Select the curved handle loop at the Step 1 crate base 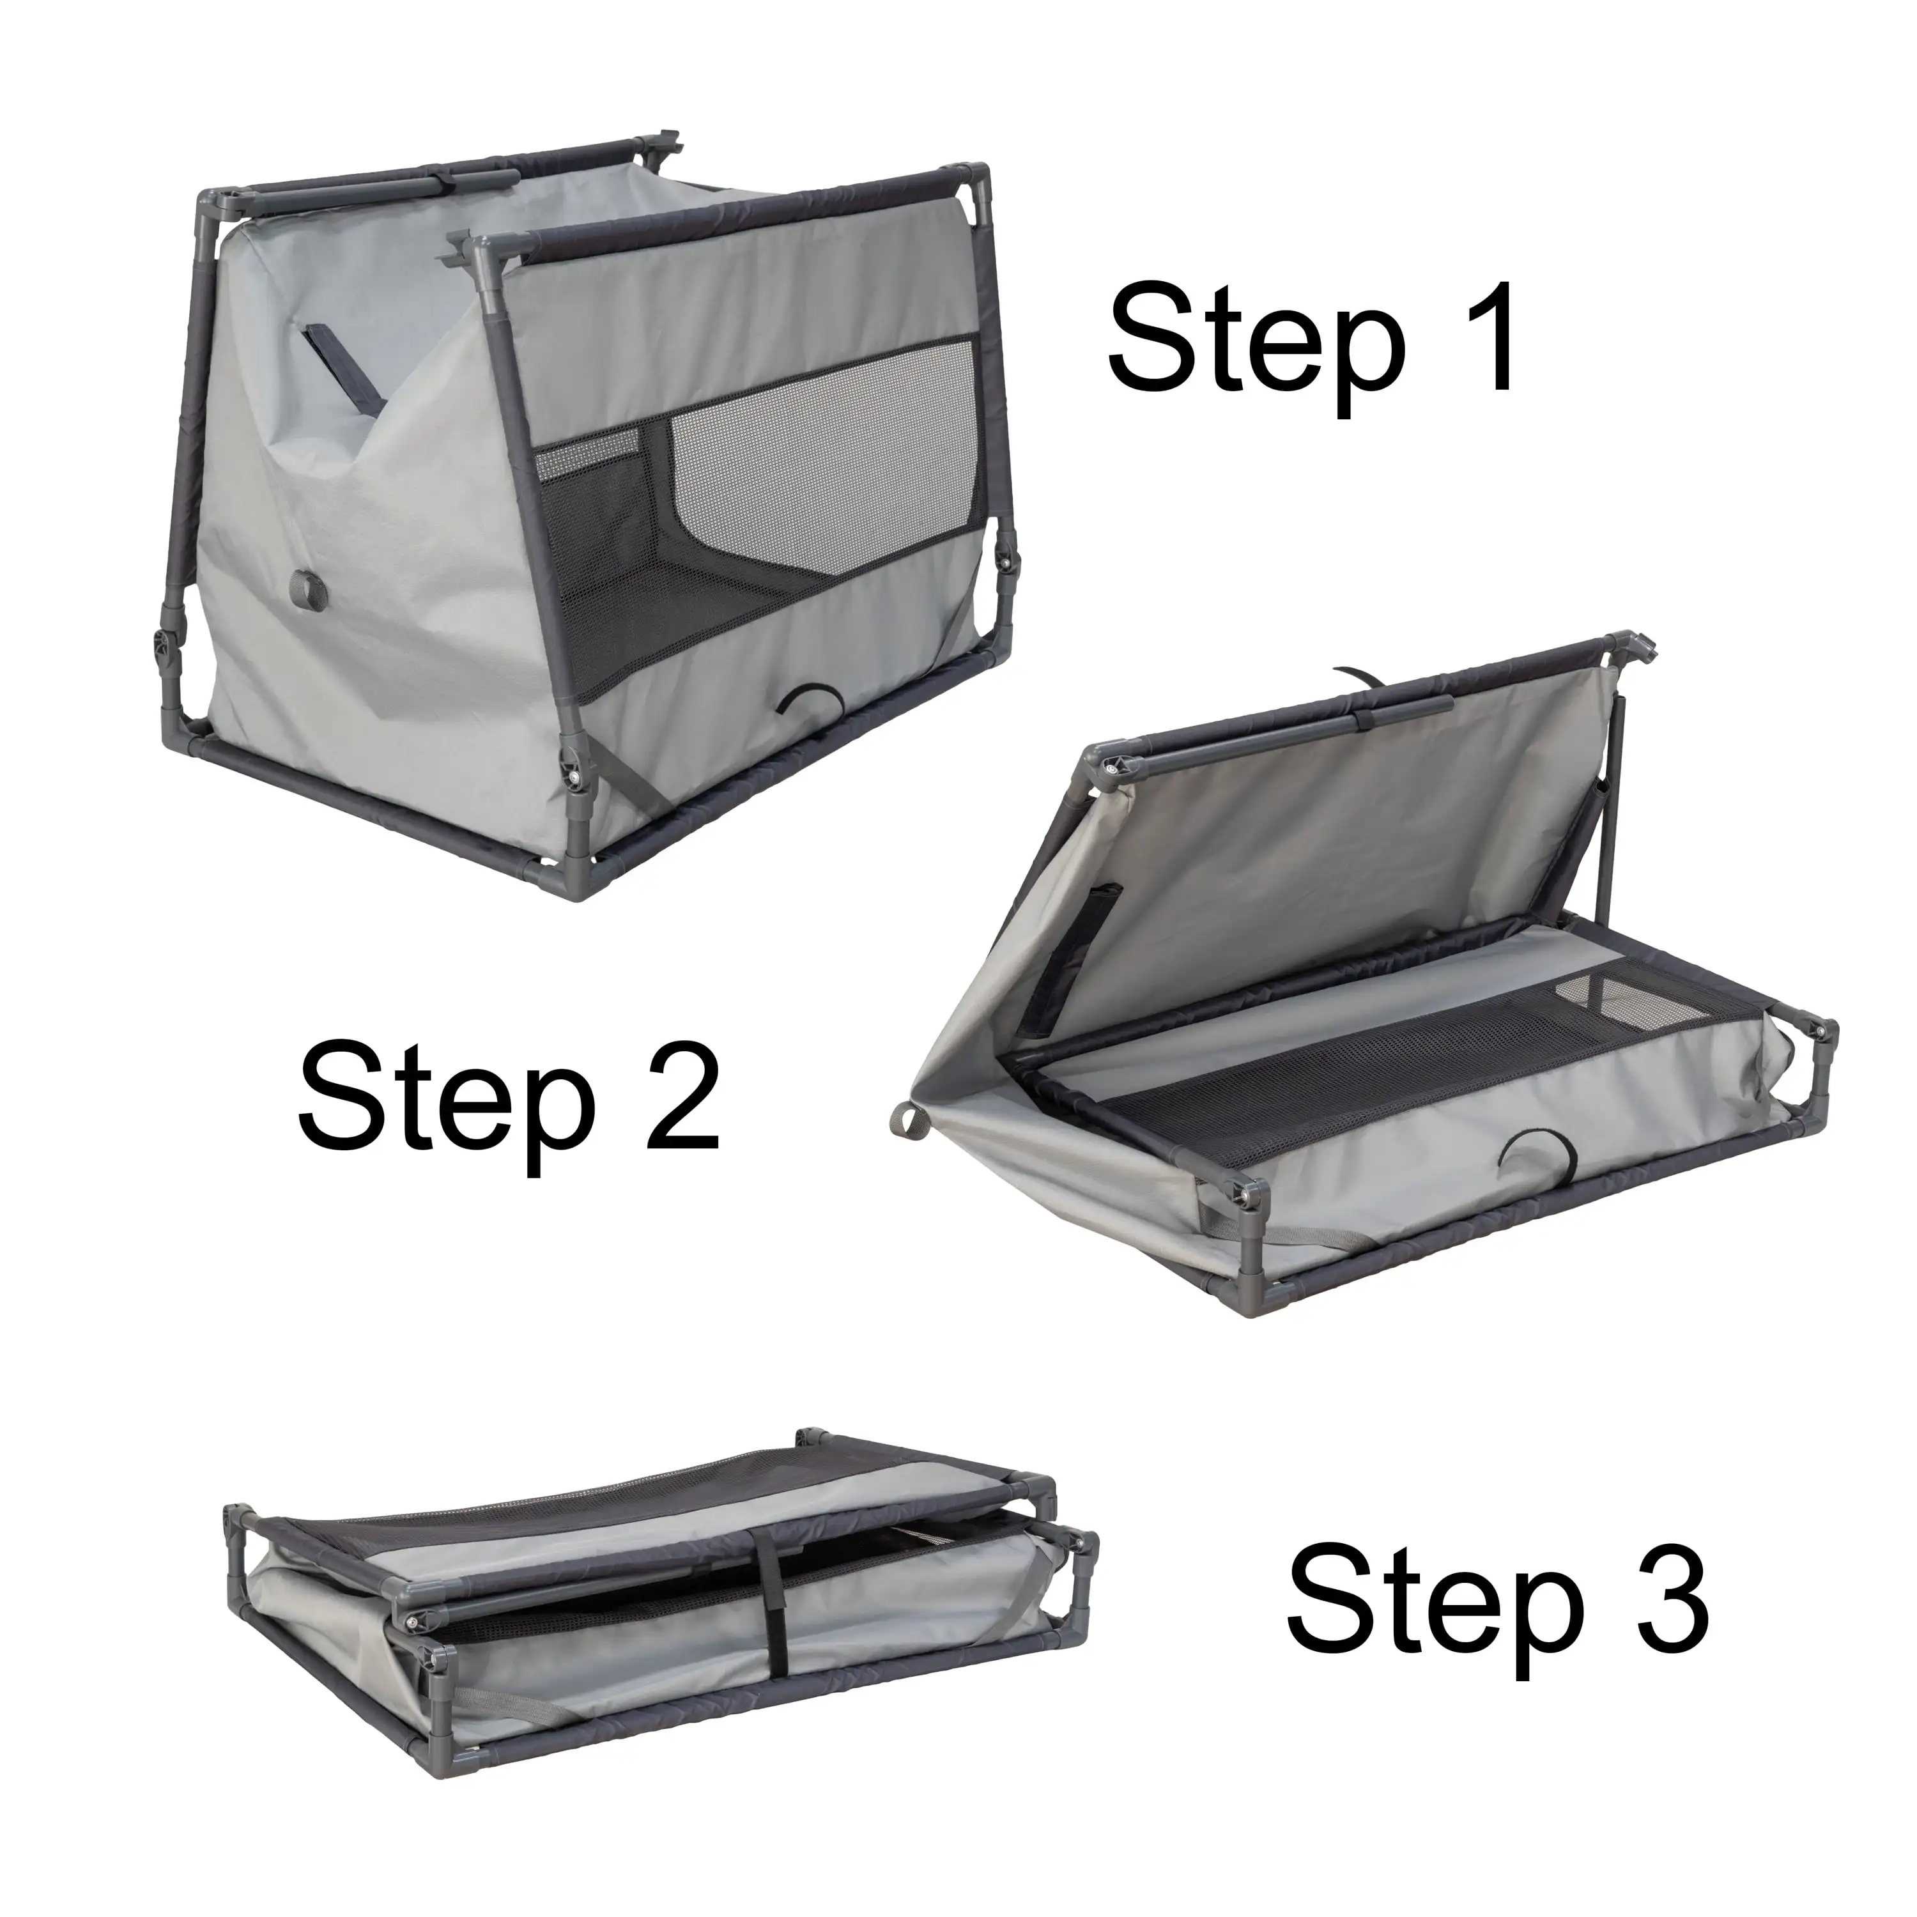(810, 700)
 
